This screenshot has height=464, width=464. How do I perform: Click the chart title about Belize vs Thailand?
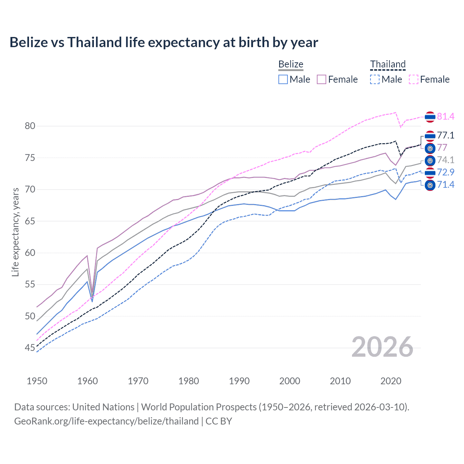pyautogui.click(x=163, y=42)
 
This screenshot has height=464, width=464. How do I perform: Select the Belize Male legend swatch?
pyautogui.click(x=283, y=79)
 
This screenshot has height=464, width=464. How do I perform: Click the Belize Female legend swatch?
pyautogui.click(x=322, y=79)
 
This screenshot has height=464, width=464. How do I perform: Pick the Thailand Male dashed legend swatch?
pyautogui.click(x=375, y=79)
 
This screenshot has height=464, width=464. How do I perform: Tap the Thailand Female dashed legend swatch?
pyautogui.click(x=413, y=79)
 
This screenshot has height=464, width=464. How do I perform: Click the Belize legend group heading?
pyautogui.click(x=291, y=64)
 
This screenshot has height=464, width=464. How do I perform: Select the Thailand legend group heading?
pyautogui.click(x=388, y=64)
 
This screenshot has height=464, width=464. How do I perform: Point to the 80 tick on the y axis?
pyautogui.click(x=30, y=126)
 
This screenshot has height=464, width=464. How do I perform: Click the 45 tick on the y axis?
pyautogui.click(x=30, y=348)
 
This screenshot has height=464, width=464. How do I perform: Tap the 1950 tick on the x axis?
pyautogui.click(x=37, y=381)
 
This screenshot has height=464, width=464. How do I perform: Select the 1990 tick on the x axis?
pyautogui.click(x=239, y=381)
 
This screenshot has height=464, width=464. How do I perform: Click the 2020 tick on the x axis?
pyautogui.click(x=391, y=381)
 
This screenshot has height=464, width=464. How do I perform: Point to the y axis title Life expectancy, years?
pyautogui.click(x=15, y=232)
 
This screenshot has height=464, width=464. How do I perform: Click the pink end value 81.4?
pyautogui.click(x=446, y=116)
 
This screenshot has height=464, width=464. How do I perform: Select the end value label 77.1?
pyautogui.click(x=446, y=136)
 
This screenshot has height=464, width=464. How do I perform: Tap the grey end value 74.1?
pyautogui.click(x=446, y=160)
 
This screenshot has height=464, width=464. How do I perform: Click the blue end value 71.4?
pyautogui.click(x=446, y=185)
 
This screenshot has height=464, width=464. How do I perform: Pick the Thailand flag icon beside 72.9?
pyautogui.click(x=430, y=173)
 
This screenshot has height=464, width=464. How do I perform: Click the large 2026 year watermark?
pyautogui.click(x=382, y=347)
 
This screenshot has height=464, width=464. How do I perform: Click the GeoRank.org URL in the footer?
pyautogui.click(x=106, y=421)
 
